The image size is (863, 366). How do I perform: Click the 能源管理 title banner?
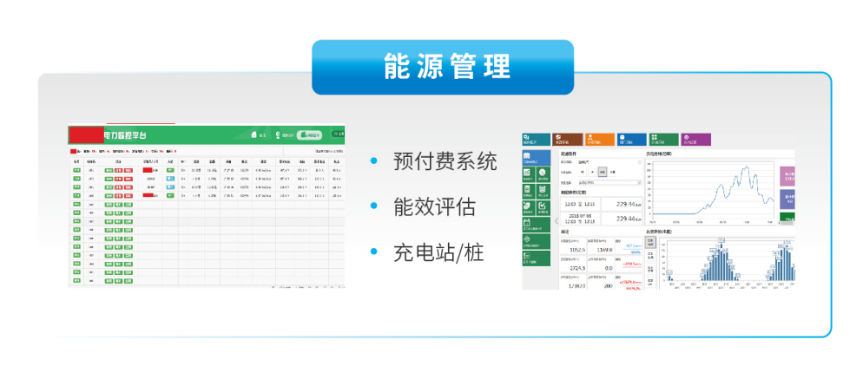(443, 67)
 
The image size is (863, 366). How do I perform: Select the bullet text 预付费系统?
(445, 161)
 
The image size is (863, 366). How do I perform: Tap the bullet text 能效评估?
(434, 206)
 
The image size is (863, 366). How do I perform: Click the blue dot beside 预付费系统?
(374, 161)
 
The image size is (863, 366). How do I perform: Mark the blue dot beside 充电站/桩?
(374, 252)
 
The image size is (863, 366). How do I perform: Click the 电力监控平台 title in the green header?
(126, 135)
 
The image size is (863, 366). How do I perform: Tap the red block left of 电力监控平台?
(86, 134)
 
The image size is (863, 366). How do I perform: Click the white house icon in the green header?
(254, 134)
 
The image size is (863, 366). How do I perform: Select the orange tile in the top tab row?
(599, 139)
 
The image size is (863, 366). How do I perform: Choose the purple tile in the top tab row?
(695, 139)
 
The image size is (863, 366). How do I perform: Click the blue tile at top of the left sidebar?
(536, 158)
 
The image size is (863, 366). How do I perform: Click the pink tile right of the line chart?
(787, 177)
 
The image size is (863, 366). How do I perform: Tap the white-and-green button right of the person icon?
(309, 134)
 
